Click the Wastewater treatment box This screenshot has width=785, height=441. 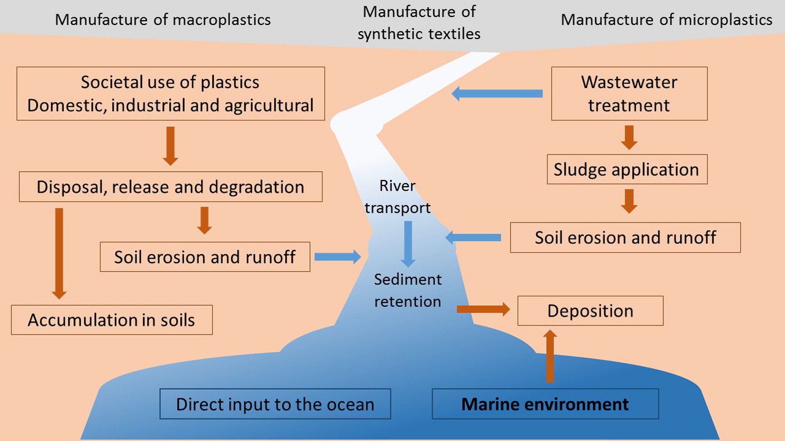(x=629, y=94)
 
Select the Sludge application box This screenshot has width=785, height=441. (x=627, y=170)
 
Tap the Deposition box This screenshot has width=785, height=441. (x=590, y=311)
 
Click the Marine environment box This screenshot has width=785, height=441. (x=545, y=404)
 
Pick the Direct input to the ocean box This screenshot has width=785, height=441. (x=275, y=404)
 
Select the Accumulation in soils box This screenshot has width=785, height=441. (x=112, y=320)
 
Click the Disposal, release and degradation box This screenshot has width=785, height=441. (x=170, y=187)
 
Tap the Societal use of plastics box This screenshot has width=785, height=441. (x=170, y=94)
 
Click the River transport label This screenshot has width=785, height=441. (x=397, y=197)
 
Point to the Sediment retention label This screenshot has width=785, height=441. (x=408, y=290)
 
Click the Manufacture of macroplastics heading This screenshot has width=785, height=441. (x=163, y=19)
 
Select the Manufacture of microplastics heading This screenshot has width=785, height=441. (x=666, y=19)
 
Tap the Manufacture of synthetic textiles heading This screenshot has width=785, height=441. (x=419, y=22)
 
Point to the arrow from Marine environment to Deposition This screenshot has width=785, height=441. (x=550, y=356)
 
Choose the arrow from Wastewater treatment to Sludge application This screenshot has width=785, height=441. (x=629, y=137)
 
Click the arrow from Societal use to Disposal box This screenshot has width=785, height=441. (x=170, y=145)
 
